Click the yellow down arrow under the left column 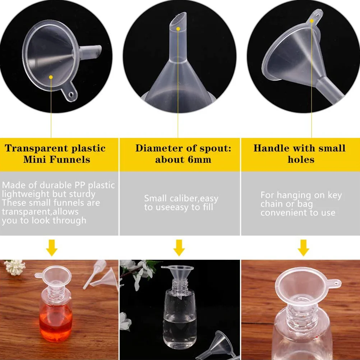pos(52,248)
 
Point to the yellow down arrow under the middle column pos(179,248)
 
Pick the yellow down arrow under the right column pos(303,248)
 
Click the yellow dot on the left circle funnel pos(51,77)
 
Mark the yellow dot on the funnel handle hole pos(312,21)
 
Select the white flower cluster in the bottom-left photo pos(15,267)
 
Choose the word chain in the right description pos(272,204)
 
